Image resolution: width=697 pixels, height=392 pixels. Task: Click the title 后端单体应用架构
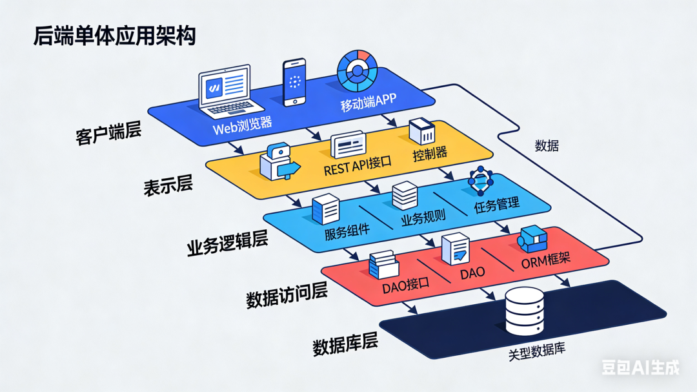(114, 37)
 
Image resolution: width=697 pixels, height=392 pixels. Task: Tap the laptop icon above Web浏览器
(223, 89)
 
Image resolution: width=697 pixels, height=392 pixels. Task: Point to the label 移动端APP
(369, 103)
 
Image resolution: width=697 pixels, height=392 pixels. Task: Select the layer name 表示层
(168, 185)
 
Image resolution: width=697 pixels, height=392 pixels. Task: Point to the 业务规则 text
(423, 219)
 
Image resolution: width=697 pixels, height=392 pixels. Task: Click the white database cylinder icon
(525, 311)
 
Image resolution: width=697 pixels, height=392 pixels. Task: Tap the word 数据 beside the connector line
(547, 146)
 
